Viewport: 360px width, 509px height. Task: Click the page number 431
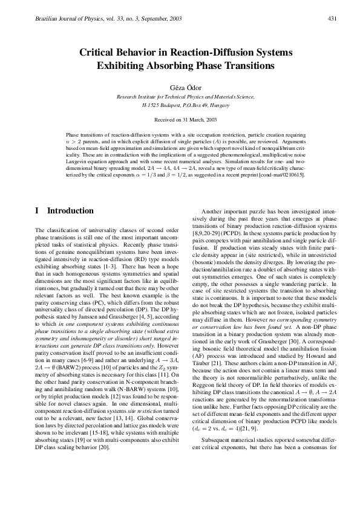click(x=332, y=19)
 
